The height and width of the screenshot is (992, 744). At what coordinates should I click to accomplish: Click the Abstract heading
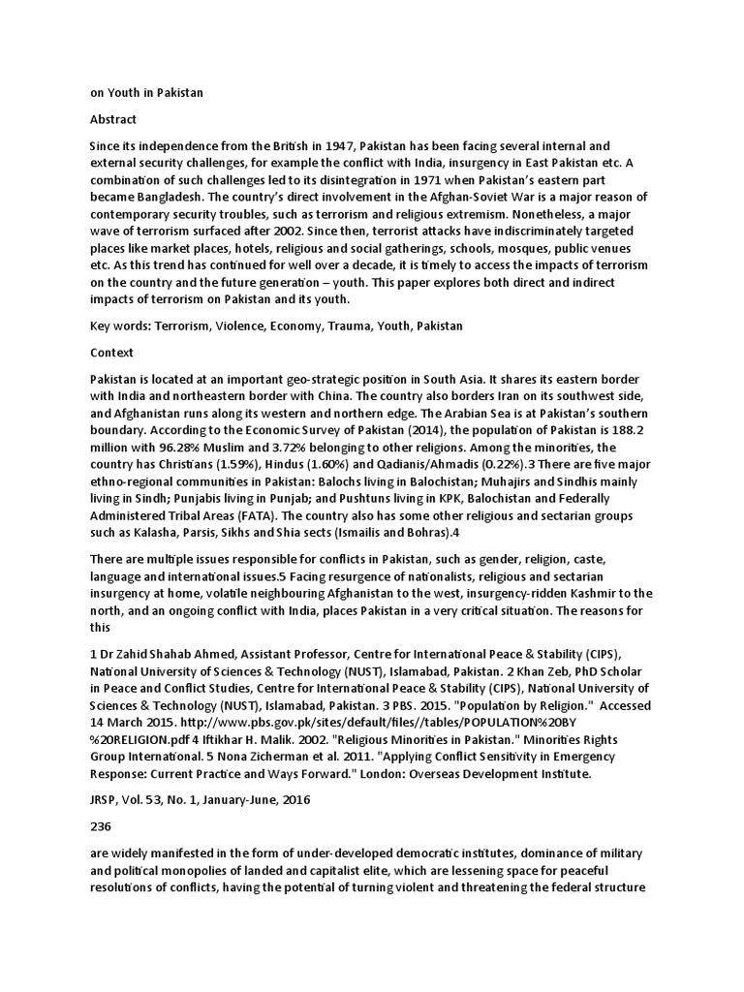coord(112,119)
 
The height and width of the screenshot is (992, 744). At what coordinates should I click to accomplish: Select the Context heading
coord(111,353)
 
